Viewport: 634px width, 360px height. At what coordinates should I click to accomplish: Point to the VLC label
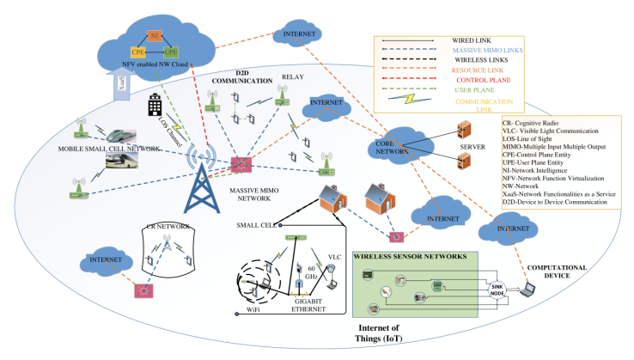[334, 255]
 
